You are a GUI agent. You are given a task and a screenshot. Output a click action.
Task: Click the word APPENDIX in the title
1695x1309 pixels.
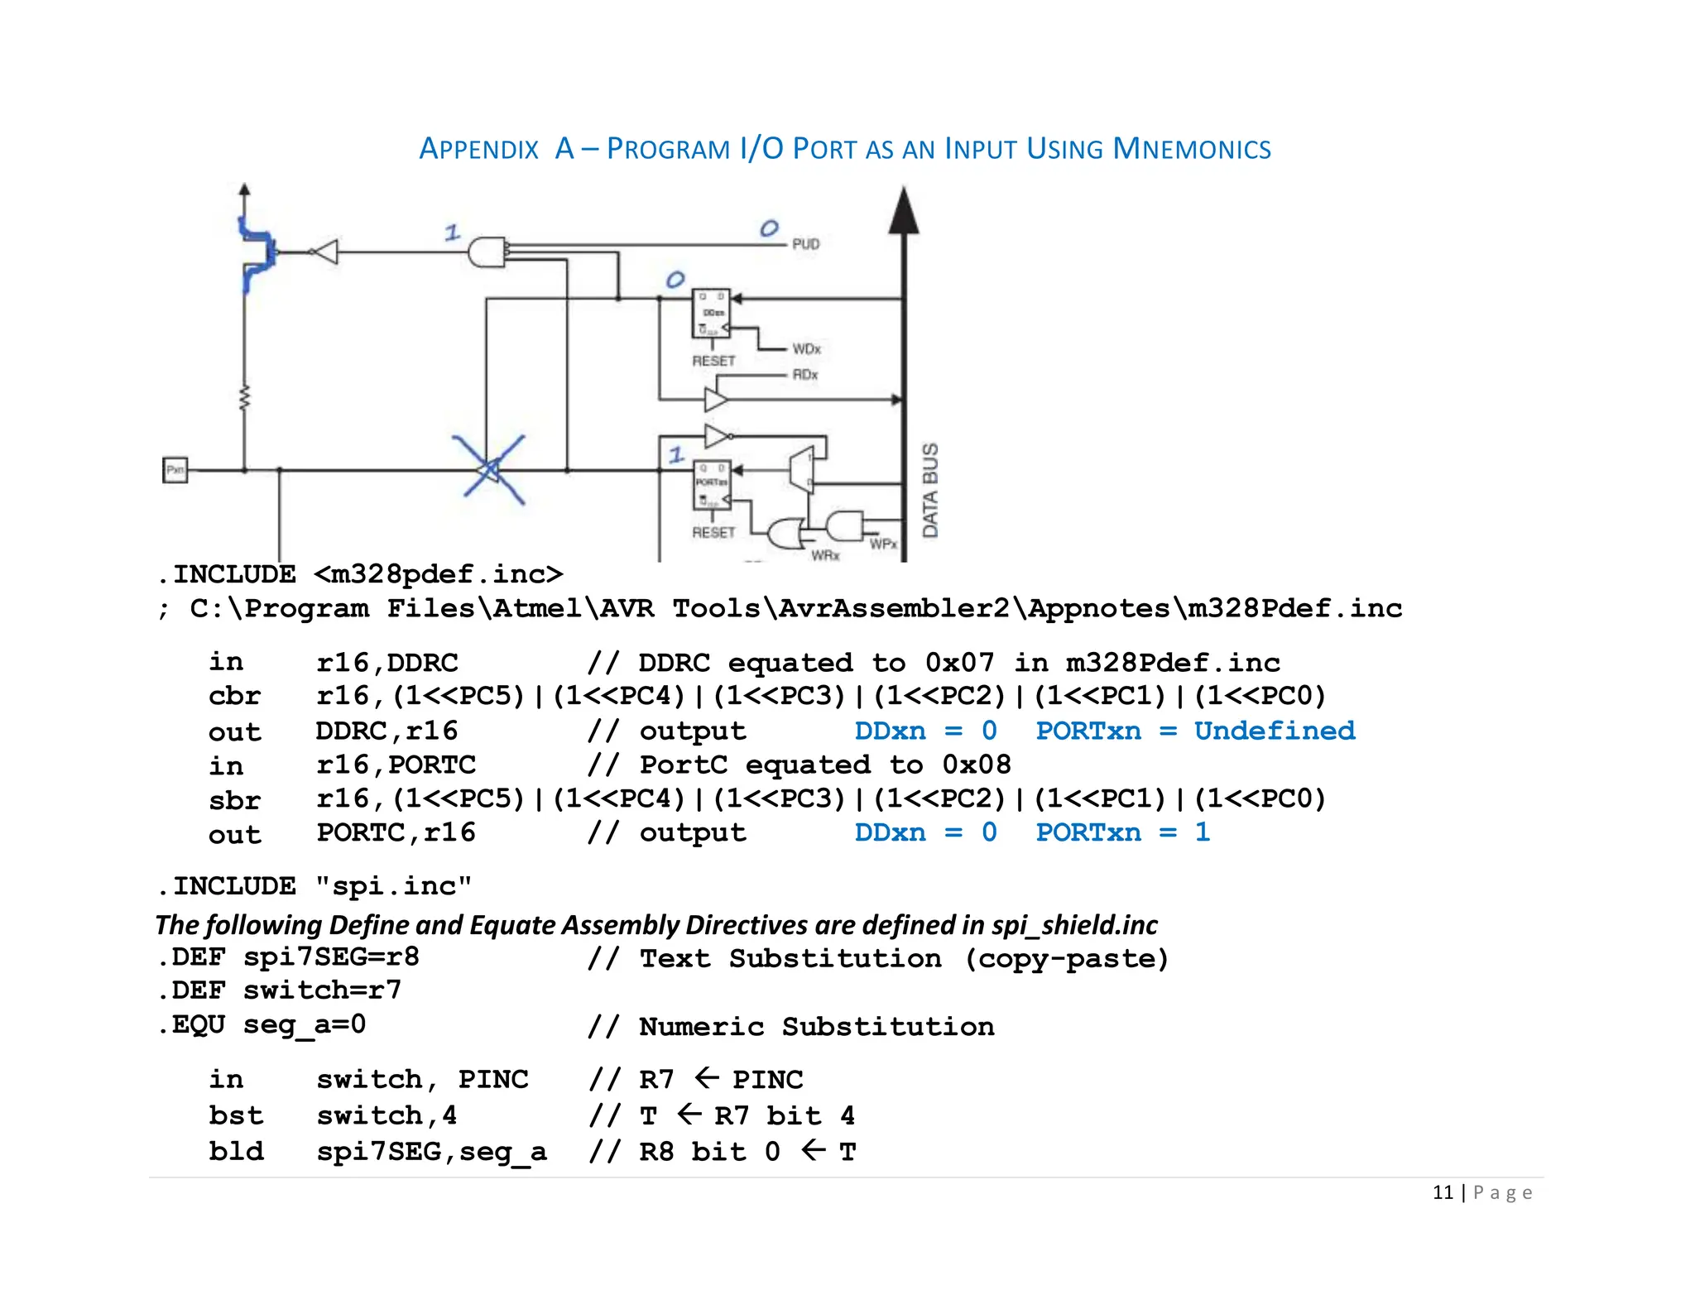coord(478,149)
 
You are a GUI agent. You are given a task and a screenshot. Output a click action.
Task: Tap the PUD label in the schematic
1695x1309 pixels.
coord(805,244)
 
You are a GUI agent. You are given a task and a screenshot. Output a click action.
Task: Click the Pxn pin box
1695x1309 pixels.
coord(175,470)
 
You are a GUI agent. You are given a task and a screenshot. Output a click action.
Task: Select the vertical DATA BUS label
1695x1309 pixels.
coord(930,490)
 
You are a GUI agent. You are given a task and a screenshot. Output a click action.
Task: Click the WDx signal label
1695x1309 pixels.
coord(806,349)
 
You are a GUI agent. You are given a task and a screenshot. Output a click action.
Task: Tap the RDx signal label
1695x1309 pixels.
coord(804,375)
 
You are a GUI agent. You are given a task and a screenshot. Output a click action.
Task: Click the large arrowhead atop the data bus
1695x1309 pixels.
coord(904,211)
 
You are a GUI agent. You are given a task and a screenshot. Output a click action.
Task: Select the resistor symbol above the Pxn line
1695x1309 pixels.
coord(244,398)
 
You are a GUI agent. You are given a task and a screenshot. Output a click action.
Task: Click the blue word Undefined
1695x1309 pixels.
coord(1274,731)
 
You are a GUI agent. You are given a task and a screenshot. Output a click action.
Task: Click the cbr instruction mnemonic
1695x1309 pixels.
coord(234,696)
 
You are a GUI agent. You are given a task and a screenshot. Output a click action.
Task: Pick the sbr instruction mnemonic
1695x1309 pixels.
coord(234,799)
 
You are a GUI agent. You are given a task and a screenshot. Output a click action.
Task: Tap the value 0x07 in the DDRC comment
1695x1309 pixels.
coord(959,662)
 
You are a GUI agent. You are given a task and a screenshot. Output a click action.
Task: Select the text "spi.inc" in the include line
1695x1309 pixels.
coord(394,886)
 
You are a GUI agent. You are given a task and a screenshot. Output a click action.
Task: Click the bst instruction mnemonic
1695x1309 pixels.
coord(235,1115)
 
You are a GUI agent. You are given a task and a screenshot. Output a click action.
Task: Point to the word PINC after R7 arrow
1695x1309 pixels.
coord(767,1079)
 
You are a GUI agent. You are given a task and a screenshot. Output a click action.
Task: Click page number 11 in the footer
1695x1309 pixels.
coord(1443,1192)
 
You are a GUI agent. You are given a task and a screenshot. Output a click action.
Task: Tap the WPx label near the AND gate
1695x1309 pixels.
coord(883,544)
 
